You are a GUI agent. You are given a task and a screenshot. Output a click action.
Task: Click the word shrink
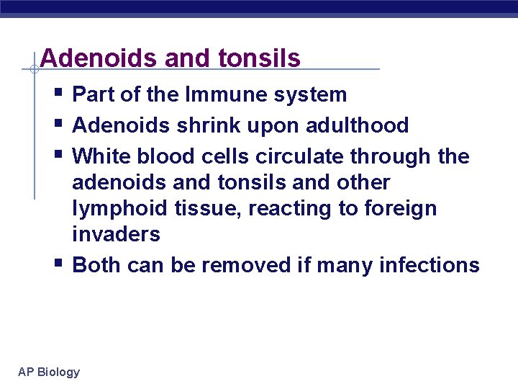[204, 125]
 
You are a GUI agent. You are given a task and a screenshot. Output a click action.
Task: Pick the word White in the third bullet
[103, 156]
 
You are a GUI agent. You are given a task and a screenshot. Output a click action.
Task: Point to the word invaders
[116, 235]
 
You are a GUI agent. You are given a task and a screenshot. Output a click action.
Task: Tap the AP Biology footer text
[49, 372]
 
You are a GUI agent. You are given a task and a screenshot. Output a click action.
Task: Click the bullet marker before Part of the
[58, 94]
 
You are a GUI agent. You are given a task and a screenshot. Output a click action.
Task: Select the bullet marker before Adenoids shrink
[58, 125]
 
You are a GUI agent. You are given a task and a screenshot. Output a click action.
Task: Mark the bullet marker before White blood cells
[58, 156]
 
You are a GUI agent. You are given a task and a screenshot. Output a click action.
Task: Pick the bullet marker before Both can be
[58, 264]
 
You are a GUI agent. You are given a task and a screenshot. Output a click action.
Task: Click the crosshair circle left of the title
[34, 70]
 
